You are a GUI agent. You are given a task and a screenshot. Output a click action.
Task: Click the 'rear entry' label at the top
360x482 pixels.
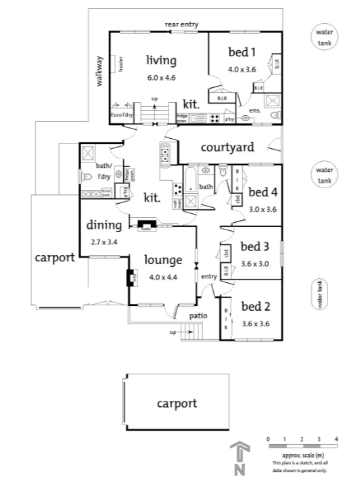tap(181, 25)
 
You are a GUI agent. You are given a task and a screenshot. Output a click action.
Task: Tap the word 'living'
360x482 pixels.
tap(161, 60)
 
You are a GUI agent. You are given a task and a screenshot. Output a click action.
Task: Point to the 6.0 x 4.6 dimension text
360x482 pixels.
tap(161, 78)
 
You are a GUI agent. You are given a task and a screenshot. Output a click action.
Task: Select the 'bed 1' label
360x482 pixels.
tap(242, 52)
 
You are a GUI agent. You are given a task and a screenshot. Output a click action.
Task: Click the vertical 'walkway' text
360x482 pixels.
tap(99, 70)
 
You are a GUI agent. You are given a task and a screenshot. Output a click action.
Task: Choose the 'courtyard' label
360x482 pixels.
tap(227, 147)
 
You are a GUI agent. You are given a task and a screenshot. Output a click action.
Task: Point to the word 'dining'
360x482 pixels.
tap(104, 225)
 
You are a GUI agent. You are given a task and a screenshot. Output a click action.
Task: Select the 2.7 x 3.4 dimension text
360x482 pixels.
tap(104, 242)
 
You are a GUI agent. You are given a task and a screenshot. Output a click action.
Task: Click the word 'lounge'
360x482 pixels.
tap(162, 260)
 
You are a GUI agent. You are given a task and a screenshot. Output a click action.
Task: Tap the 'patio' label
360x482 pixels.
tap(198, 315)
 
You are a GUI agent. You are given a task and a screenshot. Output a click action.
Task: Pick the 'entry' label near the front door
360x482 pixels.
tap(209, 276)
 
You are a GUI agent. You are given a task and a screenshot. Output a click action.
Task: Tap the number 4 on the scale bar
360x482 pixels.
tap(337, 439)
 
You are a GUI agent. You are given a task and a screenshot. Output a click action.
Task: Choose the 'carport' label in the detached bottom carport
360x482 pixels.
tap(177, 403)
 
